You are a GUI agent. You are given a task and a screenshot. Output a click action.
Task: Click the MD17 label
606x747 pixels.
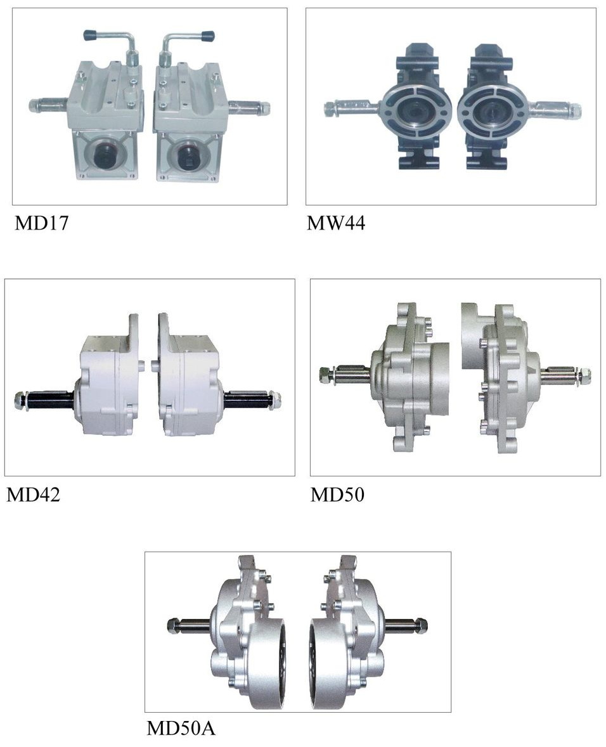coord(42,223)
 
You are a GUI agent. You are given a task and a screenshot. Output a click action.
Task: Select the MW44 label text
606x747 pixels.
coord(336,223)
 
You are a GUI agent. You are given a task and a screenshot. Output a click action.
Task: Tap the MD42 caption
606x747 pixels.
coord(34,495)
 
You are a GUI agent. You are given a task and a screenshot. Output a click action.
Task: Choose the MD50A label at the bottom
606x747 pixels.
coord(181,728)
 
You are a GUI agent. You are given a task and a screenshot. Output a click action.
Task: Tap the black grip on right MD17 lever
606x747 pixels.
coord(207,36)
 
